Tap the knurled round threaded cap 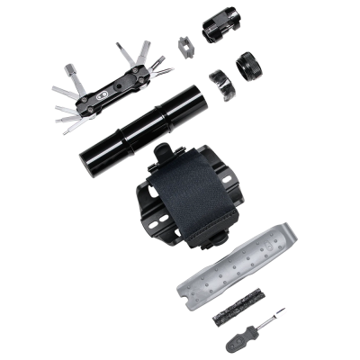pyautogui.click(x=247, y=68)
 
